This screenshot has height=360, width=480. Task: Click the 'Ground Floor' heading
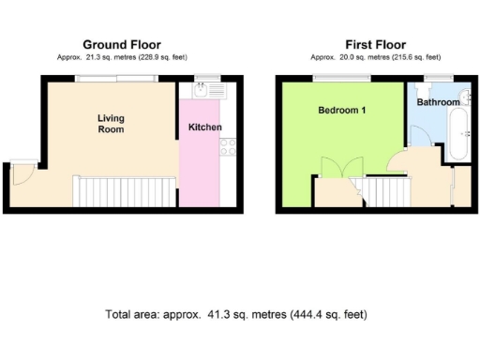click(x=122, y=44)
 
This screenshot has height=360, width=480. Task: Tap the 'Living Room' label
click(x=111, y=124)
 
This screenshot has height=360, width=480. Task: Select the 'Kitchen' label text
click(x=205, y=127)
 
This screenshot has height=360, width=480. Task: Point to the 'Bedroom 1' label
click(x=341, y=111)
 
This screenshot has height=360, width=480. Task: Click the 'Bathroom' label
click(x=439, y=101)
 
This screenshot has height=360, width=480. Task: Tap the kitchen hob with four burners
click(x=226, y=146)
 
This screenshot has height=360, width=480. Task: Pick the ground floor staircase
click(x=123, y=194)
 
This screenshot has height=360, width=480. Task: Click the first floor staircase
click(x=386, y=194)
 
